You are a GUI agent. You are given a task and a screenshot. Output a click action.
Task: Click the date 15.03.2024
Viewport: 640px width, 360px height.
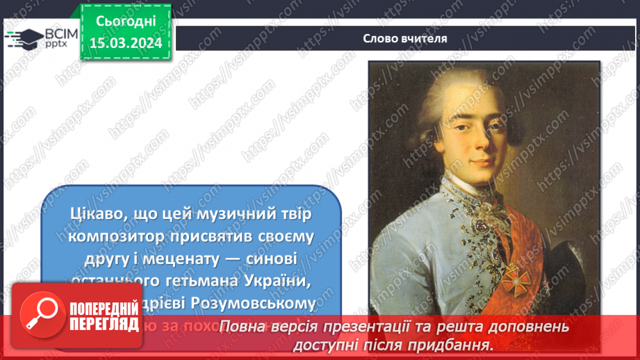pos(126,42)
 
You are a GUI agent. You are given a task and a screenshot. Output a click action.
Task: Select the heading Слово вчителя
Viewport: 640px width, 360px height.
pos(404,38)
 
